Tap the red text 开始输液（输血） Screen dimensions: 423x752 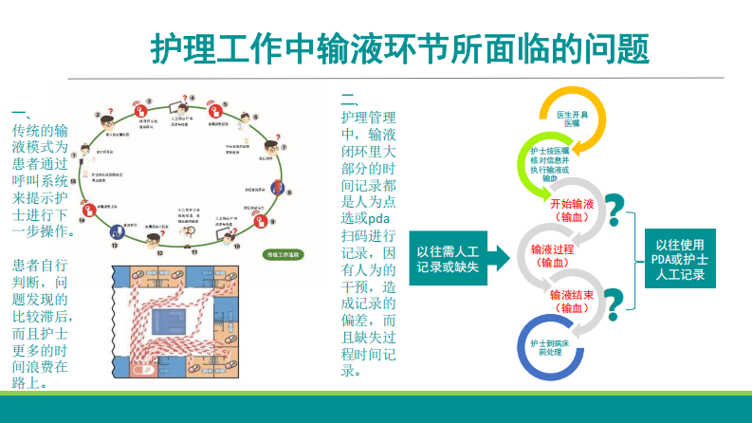[572, 210]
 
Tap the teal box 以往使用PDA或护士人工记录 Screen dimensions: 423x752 [686, 259]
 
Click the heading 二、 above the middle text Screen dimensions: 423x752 [349, 98]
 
